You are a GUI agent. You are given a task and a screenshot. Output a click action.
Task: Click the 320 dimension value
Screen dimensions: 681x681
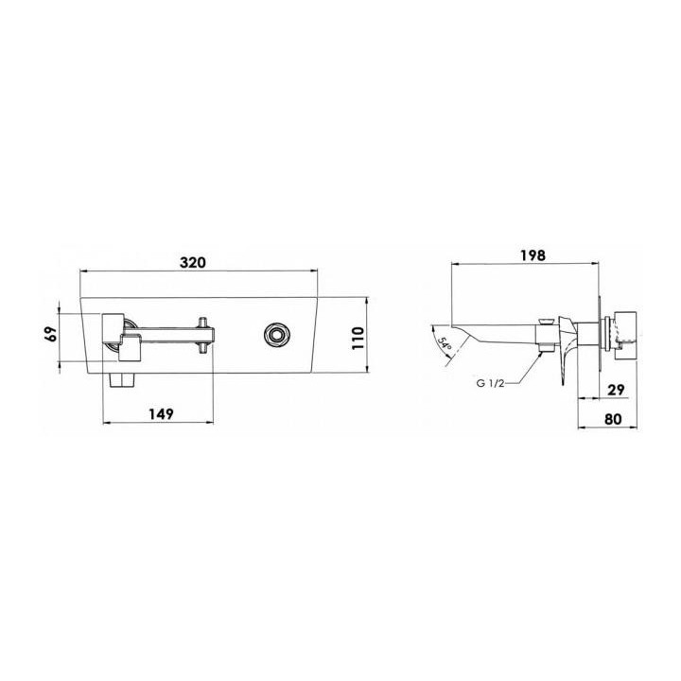click(x=193, y=263)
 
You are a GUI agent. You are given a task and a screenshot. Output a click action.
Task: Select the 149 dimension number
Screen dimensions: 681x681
click(x=161, y=414)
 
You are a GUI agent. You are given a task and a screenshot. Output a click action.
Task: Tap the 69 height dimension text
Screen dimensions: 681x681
click(x=51, y=335)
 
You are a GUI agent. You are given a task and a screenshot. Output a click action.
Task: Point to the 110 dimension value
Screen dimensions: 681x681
click(x=357, y=339)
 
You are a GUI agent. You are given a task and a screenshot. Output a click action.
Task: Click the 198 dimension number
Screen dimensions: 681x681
click(x=533, y=255)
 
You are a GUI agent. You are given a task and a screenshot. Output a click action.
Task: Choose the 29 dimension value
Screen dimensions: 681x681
click(x=616, y=390)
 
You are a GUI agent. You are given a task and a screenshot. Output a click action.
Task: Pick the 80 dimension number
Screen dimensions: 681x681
click(x=613, y=419)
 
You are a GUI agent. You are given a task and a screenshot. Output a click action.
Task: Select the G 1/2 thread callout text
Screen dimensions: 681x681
click(x=490, y=383)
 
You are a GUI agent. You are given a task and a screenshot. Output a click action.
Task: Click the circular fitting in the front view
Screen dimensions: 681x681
click(x=276, y=335)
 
